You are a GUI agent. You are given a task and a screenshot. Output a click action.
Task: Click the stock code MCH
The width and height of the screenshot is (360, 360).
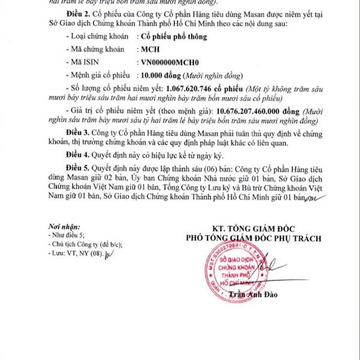coord(149,50)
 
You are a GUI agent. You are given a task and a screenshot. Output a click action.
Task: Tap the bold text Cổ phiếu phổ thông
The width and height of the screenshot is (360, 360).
coord(173,37)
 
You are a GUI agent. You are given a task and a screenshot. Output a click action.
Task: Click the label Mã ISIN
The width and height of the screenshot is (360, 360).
coord(83,64)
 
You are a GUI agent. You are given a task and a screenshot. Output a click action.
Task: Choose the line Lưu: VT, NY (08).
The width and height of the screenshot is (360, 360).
coord(77,255)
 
